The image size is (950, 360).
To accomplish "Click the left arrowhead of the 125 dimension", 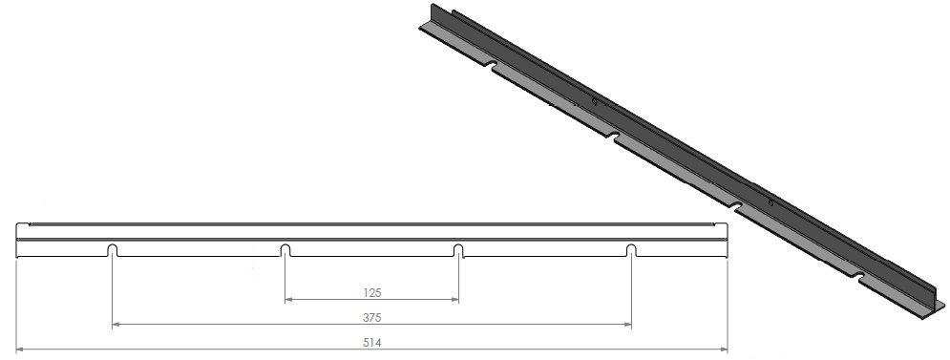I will [289, 300].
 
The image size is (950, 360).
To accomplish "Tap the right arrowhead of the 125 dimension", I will [454, 300].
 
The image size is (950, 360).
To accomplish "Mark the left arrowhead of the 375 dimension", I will [116, 326].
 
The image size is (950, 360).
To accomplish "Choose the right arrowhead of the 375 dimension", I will [627, 326].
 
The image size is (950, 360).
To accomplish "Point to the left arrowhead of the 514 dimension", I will [22, 349].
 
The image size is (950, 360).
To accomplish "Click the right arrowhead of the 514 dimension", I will [725, 349].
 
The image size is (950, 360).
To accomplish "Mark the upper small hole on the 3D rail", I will [594, 101].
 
